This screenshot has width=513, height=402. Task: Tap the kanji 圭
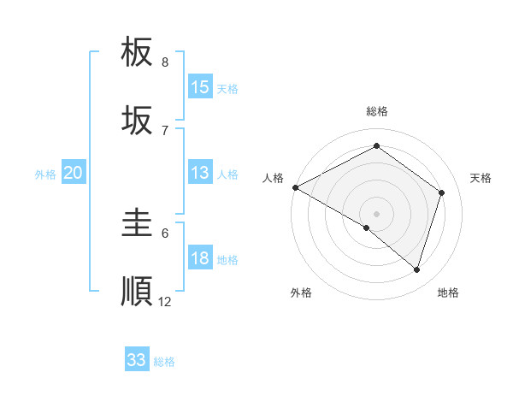pyautogui.click(x=137, y=223)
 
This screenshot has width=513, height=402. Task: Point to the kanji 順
pyautogui.click(x=137, y=292)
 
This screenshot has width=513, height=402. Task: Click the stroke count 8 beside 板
pyautogui.click(x=165, y=62)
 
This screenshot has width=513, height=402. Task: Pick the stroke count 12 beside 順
pyautogui.click(x=165, y=302)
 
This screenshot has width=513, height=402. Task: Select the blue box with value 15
pyautogui.click(x=200, y=87)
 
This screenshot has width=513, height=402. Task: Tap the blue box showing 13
pyautogui.click(x=200, y=173)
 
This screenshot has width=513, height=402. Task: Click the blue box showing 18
pyautogui.click(x=200, y=258)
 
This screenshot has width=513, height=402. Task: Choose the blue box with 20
pyautogui.click(x=74, y=173)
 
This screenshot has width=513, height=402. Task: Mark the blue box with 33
pyautogui.click(x=137, y=360)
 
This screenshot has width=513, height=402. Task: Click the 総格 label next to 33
pyautogui.click(x=164, y=362)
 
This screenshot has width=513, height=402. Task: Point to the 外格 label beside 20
pyautogui.click(x=45, y=174)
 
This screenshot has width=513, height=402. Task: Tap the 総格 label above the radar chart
pyautogui.click(x=376, y=111)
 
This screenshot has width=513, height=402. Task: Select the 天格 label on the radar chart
pyautogui.click(x=481, y=178)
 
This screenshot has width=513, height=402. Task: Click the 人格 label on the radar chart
pyautogui.click(x=273, y=178)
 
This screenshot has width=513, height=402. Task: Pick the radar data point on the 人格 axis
pyautogui.click(x=295, y=187)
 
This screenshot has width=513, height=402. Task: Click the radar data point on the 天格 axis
pyautogui.click(x=441, y=192)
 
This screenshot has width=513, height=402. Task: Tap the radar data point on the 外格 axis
pyautogui.click(x=367, y=228)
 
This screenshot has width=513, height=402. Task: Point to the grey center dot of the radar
pyautogui.click(x=376, y=214)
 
